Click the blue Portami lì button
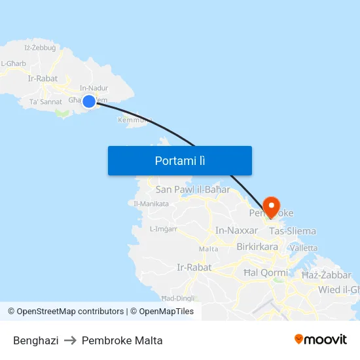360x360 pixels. coord(180,160)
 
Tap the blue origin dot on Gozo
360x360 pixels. coord(89,101)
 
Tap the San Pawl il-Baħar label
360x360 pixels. coord(193,190)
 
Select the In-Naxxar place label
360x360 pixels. coord(237,230)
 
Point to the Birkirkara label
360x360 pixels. coord(257,247)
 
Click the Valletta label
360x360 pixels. coord(303,248)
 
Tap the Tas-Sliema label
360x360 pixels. coord(293,231)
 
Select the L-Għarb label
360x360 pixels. coord(13,63)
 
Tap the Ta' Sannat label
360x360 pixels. coord(45,102)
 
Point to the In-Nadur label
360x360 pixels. coord(94,88)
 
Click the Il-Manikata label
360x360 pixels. coord(151,204)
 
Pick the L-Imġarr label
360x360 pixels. coord(164,229)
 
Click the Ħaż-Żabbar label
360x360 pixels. coord(327,275)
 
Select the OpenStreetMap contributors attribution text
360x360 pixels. coord(70,312)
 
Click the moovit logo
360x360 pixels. coord(321,339)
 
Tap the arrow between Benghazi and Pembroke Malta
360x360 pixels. coord(70,340)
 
